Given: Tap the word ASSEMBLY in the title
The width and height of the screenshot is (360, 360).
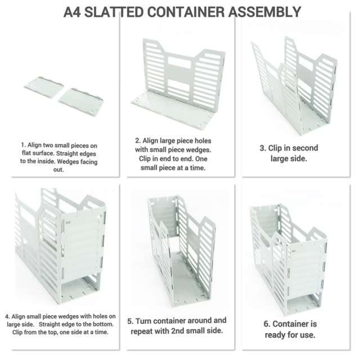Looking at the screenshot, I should (x=265, y=11).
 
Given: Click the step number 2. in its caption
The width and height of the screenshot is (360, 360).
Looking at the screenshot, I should (x=138, y=140).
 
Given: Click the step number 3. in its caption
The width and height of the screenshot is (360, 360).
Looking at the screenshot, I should (x=263, y=148).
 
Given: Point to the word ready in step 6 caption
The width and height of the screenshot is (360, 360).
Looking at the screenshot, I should (x=271, y=335).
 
